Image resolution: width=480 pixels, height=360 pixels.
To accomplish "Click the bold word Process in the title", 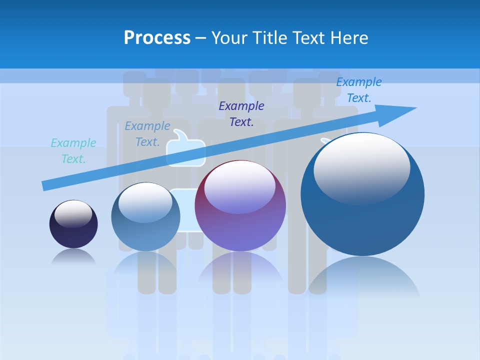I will [157, 38].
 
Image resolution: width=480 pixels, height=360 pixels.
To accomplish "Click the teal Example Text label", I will [73, 151].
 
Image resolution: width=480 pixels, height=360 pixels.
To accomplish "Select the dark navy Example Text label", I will [241, 113].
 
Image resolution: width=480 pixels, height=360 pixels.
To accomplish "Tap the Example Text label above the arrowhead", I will [358, 90].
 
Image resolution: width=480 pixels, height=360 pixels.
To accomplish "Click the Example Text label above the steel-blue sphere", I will [147, 134].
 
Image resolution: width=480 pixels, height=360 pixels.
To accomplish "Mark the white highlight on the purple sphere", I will [239, 187].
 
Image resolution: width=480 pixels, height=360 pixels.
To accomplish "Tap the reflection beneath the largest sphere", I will [362, 277].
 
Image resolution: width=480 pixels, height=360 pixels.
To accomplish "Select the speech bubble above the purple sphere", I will [185, 147].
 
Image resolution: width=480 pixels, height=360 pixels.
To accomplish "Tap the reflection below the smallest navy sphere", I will [73, 256].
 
